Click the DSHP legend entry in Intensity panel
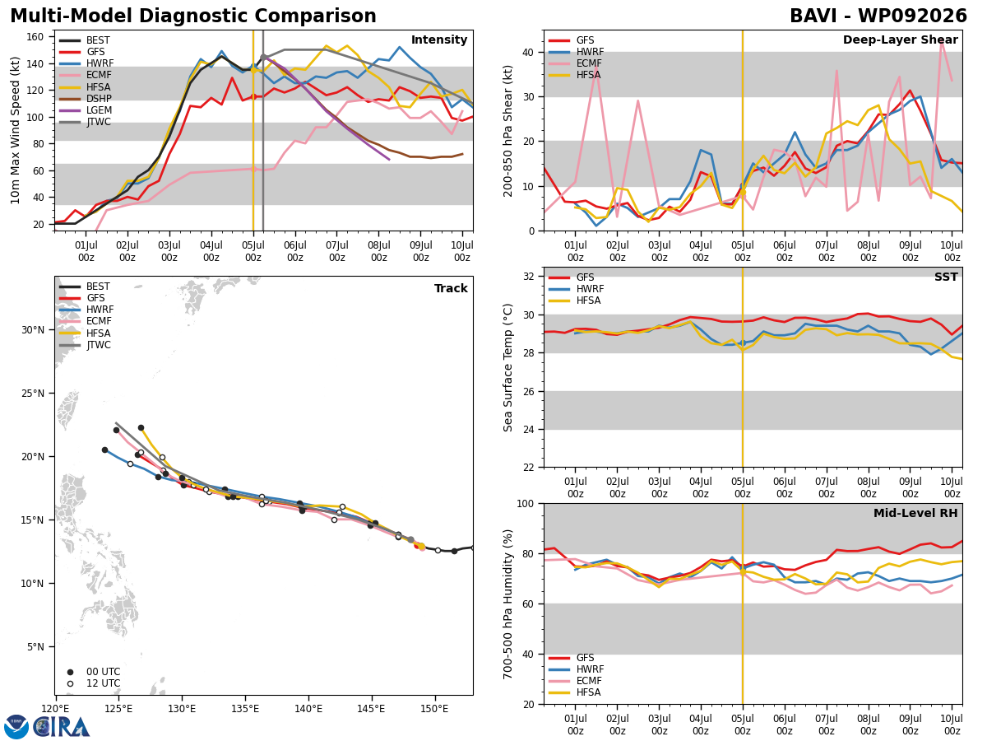(85, 99)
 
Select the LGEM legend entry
(85, 110)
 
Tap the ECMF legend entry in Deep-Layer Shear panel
(575, 63)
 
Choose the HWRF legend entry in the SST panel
(576, 289)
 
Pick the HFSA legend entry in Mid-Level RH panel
(575, 692)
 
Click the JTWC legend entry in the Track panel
(85, 345)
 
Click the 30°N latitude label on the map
(33, 330)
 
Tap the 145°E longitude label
(371, 710)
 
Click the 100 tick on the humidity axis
(526, 503)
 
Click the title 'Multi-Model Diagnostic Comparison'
(193, 16)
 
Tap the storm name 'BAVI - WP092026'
(878, 16)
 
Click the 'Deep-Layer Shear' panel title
(900, 40)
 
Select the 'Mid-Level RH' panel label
(915, 513)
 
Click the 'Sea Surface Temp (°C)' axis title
(507, 367)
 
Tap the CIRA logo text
(61, 727)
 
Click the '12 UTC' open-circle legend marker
(70, 683)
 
